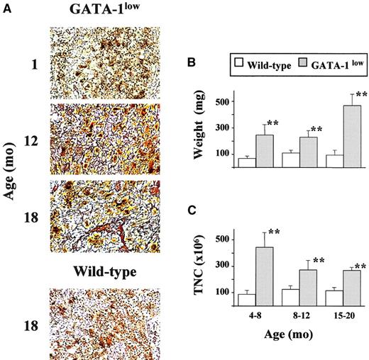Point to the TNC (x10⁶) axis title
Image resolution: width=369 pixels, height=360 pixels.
pos(207,266)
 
